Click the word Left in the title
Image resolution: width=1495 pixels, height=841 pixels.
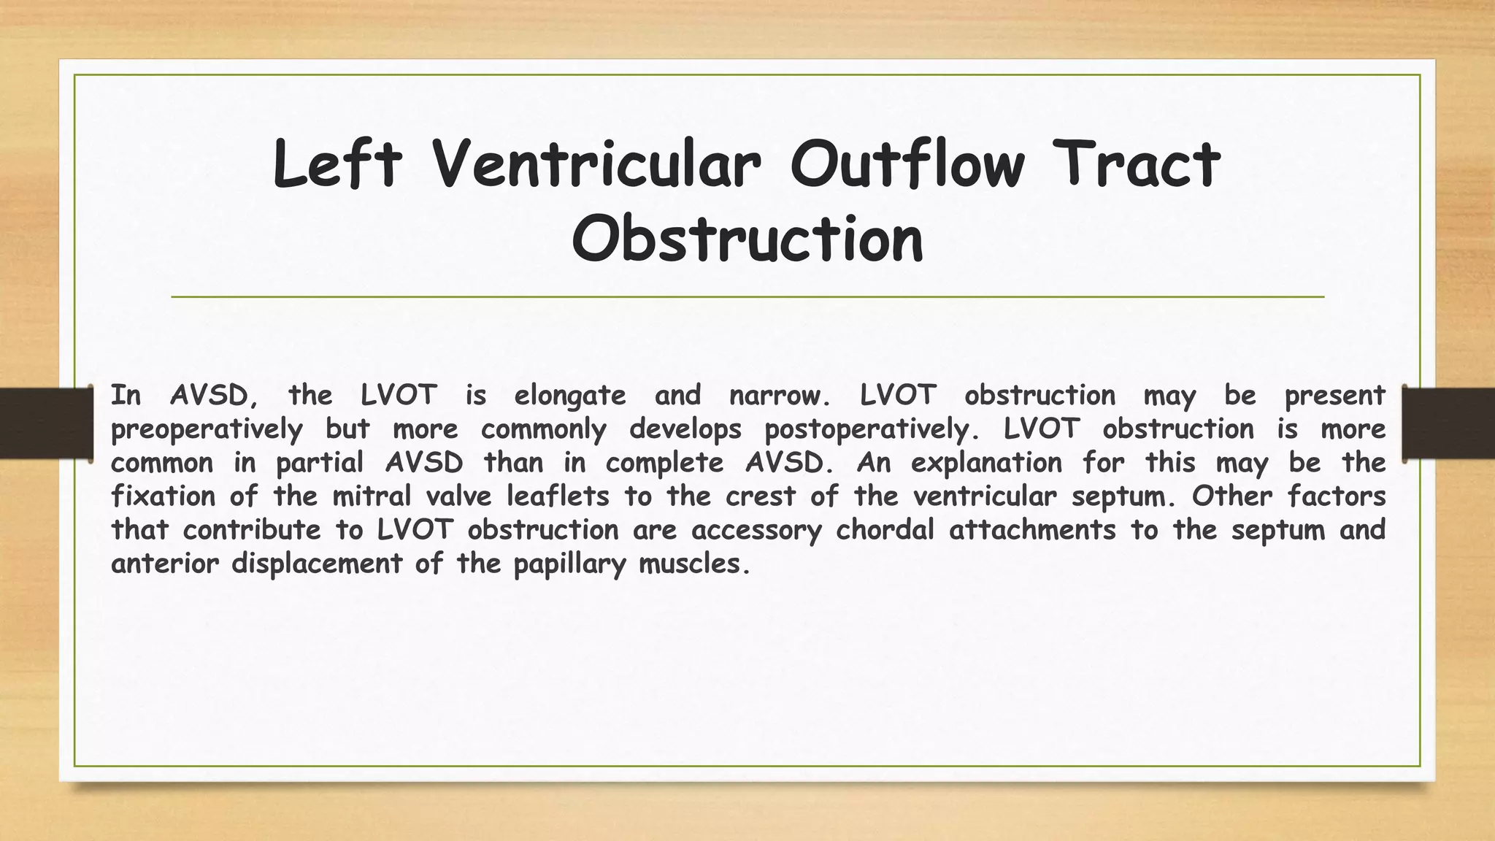337,164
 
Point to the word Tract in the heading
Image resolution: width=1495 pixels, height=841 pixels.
1139,164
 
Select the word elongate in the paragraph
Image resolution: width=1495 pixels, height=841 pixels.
570,396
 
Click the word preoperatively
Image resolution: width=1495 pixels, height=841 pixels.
207,430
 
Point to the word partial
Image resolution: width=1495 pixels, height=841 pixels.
320,464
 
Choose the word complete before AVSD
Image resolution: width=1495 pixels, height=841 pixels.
664,464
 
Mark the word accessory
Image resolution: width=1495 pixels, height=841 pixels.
756,531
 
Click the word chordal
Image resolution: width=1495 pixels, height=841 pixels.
885,531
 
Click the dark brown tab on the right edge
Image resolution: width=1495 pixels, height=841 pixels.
1449,423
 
